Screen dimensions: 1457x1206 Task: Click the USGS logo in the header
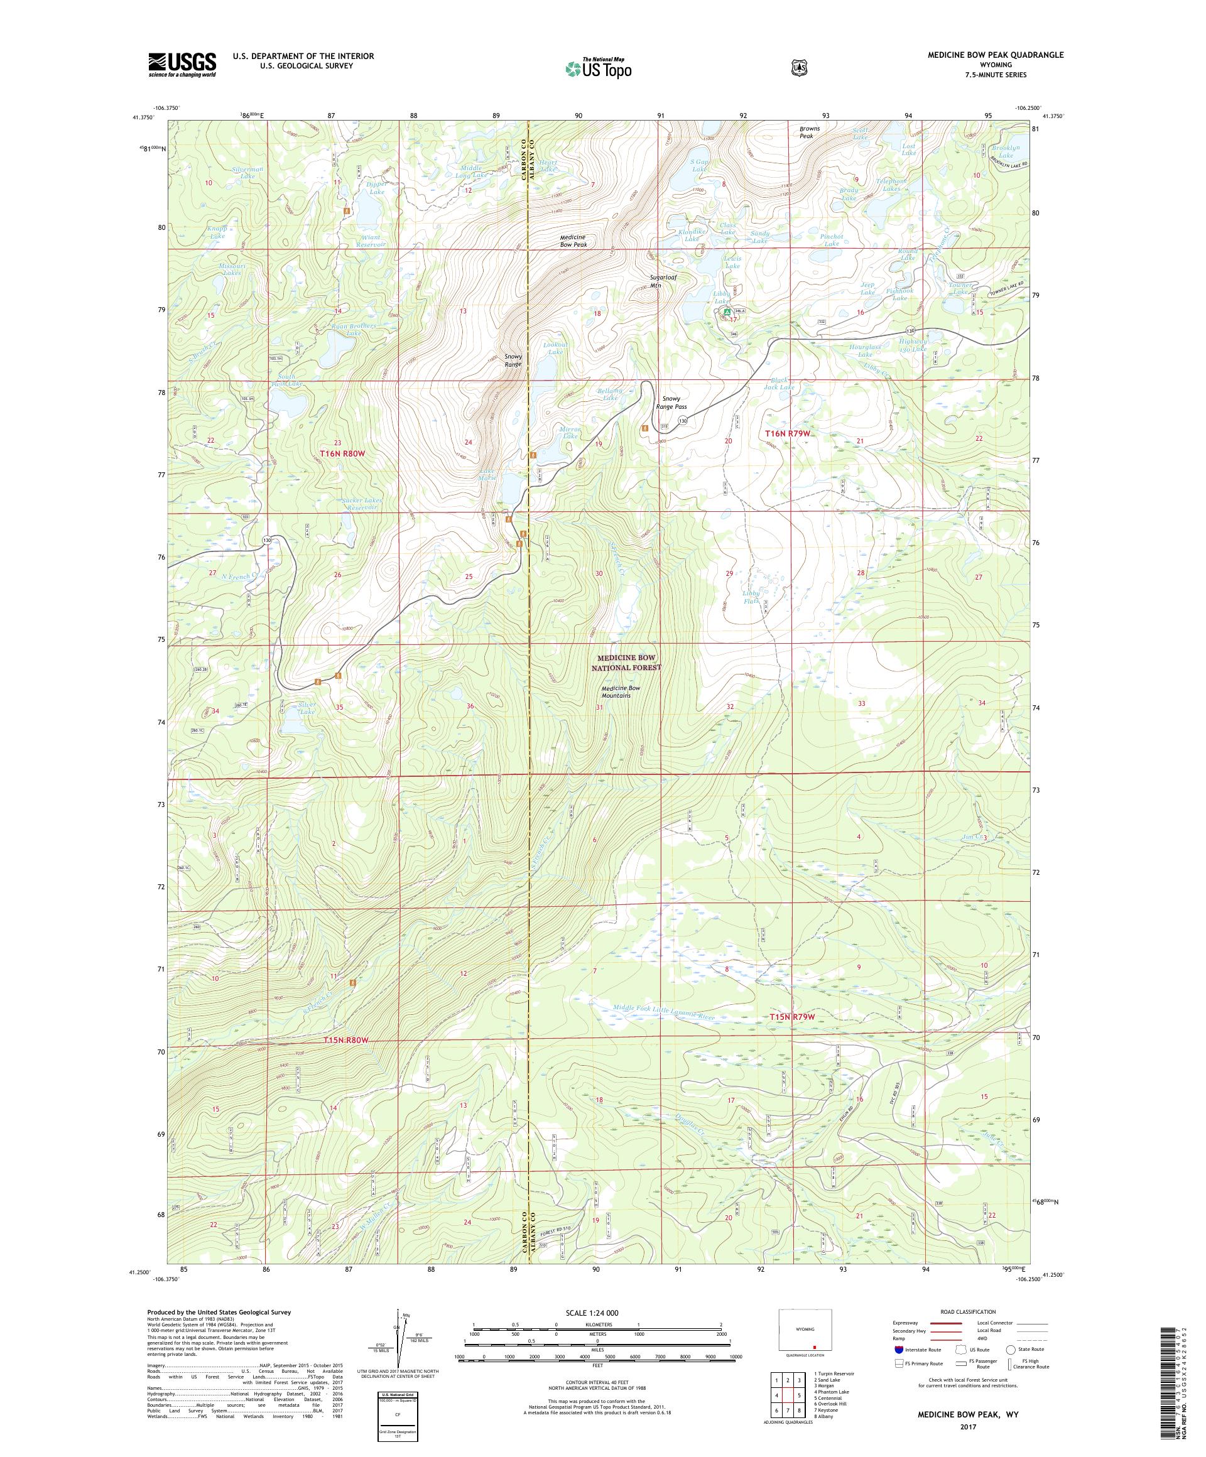(182, 65)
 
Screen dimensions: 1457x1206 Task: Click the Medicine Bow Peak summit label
(573, 241)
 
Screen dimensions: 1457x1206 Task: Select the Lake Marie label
(487, 475)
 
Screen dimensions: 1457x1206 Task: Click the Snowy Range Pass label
(671, 403)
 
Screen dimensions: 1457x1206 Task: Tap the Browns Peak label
(810, 132)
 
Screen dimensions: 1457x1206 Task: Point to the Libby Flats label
(751, 597)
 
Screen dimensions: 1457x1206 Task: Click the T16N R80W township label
(342, 453)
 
